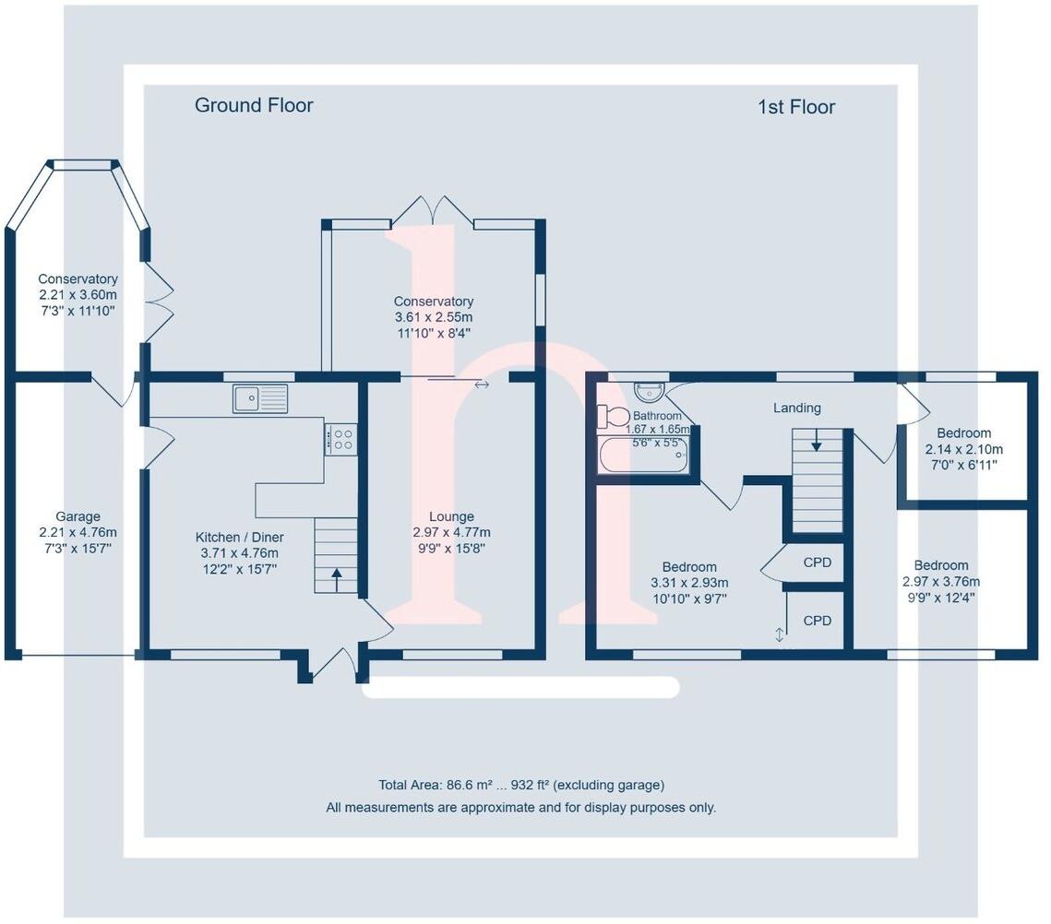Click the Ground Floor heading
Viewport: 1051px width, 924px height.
pos(254,105)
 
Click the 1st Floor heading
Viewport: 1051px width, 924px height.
pos(796,107)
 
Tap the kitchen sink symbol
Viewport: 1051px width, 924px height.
pos(260,398)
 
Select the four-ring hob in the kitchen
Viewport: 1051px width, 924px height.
pos(340,438)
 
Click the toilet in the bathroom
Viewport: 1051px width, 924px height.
pos(613,417)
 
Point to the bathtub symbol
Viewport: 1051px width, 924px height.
pos(643,457)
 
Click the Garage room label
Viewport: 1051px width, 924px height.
pos(78,516)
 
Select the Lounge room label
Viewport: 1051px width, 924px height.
pos(451,516)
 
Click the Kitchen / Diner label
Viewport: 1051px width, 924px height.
pos(239,538)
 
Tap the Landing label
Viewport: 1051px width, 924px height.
pos(797,408)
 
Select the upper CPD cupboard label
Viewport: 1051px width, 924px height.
pos(818,562)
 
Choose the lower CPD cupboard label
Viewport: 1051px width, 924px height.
pos(818,621)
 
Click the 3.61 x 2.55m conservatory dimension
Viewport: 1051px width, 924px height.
pos(434,317)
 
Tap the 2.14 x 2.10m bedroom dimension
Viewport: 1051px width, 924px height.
pos(963,449)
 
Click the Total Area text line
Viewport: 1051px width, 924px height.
pos(521,786)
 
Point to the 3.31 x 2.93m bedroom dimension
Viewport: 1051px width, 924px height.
pos(688,583)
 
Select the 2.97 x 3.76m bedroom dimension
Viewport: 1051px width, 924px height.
pos(941,582)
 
